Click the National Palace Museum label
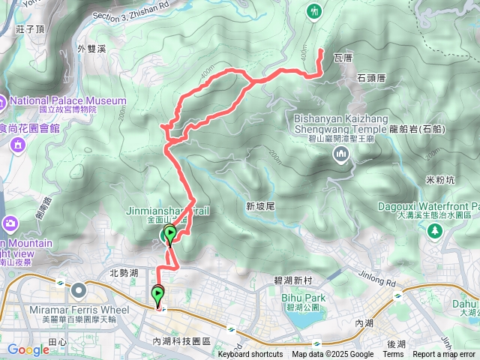(x=68, y=100)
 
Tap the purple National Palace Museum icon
(x=2, y=100)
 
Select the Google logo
(x=28, y=349)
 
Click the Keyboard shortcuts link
(x=250, y=355)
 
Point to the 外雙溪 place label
(x=93, y=49)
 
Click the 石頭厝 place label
(x=371, y=77)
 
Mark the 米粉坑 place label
(x=440, y=180)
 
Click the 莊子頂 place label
(x=31, y=28)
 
